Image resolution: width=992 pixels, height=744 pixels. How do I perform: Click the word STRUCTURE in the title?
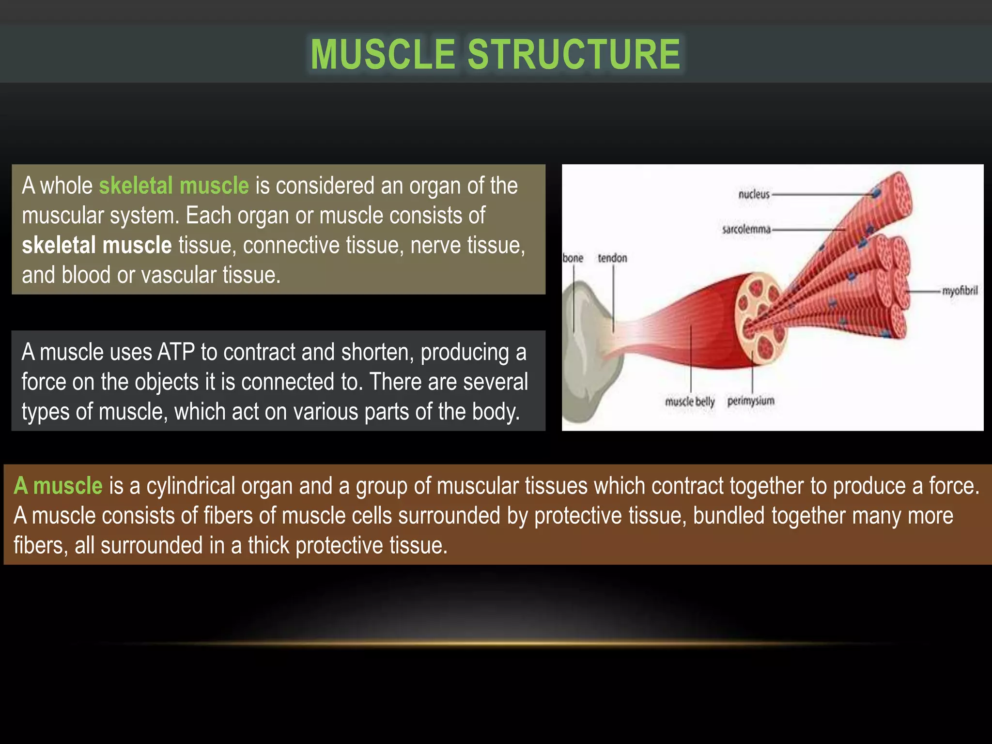click(x=574, y=54)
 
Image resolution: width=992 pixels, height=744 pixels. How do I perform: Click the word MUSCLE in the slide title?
click(x=383, y=54)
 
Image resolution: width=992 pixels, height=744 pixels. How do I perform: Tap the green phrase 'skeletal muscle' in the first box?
click(x=173, y=186)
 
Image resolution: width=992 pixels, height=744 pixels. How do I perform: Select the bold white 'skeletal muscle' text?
click(x=97, y=245)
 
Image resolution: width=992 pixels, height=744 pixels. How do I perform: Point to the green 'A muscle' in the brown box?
click(x=58, y=486)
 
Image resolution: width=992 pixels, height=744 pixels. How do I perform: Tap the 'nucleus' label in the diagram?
click(x=754, y=195)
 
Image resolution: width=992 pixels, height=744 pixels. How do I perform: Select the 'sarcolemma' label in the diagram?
click(x=746, y=230)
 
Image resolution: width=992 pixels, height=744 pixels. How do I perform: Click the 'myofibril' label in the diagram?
click(x=960, y=291)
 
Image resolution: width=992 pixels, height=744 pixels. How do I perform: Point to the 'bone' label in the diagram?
click(x=573, y=258)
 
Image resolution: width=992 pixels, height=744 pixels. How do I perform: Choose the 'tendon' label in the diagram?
click(x=612, y=258)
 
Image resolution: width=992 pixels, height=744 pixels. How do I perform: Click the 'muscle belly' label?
click(x=690, y=402)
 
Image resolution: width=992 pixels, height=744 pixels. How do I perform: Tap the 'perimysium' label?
click(x=751, y=401)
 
